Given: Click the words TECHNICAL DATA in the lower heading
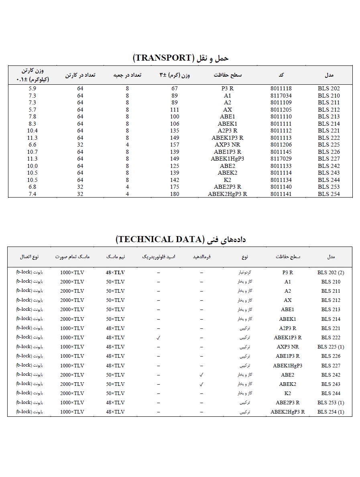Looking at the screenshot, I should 159,240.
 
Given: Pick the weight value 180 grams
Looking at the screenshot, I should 174,194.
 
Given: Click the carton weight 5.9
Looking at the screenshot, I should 33,89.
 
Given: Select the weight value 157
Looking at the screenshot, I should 174,145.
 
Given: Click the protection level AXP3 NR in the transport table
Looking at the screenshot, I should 228,145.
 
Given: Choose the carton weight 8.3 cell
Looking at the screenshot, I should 33,124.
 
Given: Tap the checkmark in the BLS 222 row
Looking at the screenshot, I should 159,338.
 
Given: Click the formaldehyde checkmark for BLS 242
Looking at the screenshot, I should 201,375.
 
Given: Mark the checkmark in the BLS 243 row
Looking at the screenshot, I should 201,384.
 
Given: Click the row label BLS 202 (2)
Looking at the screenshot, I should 331,272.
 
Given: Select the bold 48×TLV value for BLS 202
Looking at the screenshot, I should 115,272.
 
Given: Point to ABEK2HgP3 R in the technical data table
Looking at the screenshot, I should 287,412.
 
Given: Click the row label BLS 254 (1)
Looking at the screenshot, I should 331,412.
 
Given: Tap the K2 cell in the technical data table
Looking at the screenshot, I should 287,393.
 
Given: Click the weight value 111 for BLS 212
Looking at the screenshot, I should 174,110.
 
